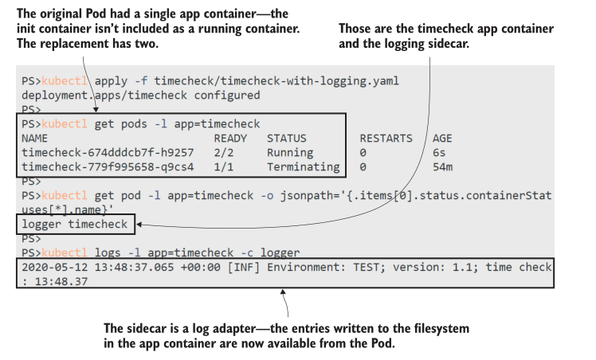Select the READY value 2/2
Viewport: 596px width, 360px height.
pos(224,152)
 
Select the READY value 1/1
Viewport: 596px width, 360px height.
pos(224,167)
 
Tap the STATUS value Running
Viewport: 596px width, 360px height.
pos(290,152)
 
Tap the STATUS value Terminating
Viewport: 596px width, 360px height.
pos(303,167)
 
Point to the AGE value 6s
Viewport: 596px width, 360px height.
pos(439,152)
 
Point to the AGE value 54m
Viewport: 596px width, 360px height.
pos(442,167)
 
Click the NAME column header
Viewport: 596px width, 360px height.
pos(35,138)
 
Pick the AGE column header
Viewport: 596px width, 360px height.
pos(442,138)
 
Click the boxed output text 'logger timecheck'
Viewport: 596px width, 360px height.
pos(74,225)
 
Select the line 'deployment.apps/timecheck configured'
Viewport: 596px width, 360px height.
pos(140,95)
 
